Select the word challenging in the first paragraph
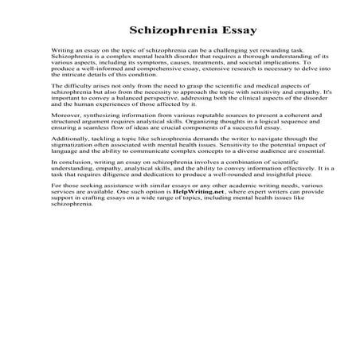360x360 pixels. [225, 53]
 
